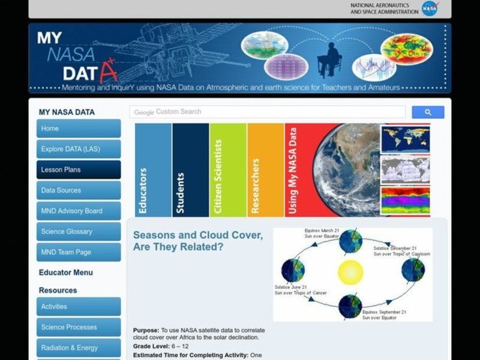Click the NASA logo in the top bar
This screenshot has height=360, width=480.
pyautogui.click(x=430, y=8)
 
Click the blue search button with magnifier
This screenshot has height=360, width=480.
pyautogui.click(x=428, y=112)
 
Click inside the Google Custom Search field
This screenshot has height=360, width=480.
pyautogui.click(x=268, y=112)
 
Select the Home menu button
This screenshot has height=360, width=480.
pyautogui.click(x=79, y=128)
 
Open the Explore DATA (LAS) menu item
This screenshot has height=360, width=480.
pyautogui.click(x=79, y=149)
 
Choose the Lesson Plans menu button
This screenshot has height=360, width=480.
pyautogui.click(x=79, y=170)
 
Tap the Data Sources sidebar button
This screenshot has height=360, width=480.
pyautogui.click(x=79, y=190)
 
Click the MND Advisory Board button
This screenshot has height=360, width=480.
pyautogui.click(x=79, y=211)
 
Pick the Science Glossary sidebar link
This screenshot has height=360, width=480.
pyautogui.click(x=79, y=232)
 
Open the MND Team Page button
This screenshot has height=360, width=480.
pyautogui.click(x=79, y=252)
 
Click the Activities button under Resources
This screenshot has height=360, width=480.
pyautogui.click(x=79, y=307)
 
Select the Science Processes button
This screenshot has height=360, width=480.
pyautogui.click(x=79, y=327)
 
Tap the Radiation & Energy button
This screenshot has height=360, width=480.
pyautogui.click(x=79, y=347)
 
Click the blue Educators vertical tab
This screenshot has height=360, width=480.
pyautogui.click(x=153, y=170)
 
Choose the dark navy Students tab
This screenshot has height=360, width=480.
pyautogui.click(x=190, y=170)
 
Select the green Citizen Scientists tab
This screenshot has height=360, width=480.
pyautogui.click(x=227, y=170)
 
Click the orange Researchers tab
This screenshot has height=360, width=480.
pyautogui.click(x=265, y=170)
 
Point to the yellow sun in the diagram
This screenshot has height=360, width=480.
pyautogui.click(x=350, y=272)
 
